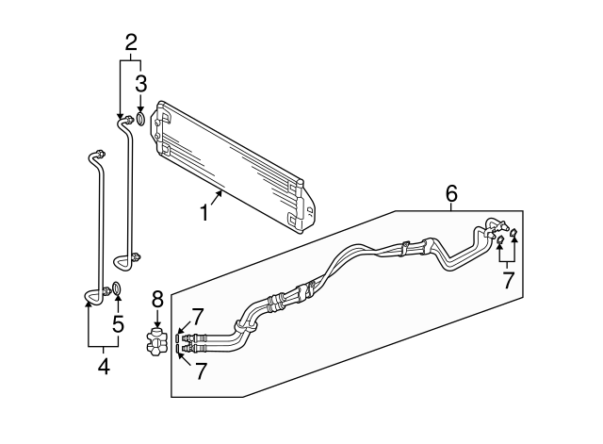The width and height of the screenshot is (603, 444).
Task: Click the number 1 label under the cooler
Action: point(204,213)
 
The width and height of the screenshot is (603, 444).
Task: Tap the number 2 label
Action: point(132,41)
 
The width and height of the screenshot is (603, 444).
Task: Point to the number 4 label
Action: point(104,366)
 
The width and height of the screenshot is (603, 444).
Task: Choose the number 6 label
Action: point(451,195)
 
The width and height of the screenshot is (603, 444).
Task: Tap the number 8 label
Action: point(157,300)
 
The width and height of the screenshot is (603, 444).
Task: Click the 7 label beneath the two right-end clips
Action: point(508,280)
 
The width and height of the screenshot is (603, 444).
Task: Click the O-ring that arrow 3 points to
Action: point(140,120)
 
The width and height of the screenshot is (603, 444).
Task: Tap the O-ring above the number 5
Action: point(116,288)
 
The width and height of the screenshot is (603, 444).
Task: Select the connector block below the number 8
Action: point(157,340)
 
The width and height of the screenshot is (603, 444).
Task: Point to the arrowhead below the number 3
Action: point(140,110)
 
